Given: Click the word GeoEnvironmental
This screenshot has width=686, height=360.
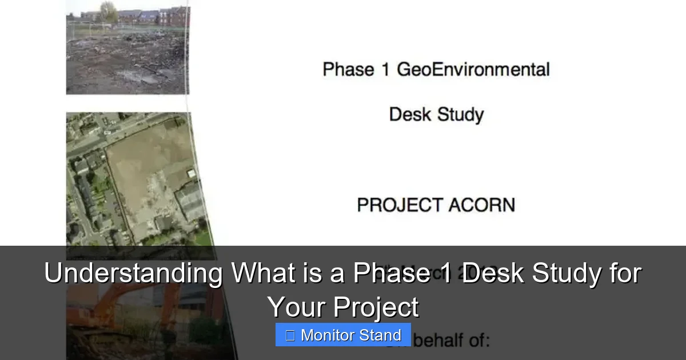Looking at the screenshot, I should [x=473, y=70].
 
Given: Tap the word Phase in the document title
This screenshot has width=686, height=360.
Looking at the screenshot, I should [x=341, y=70].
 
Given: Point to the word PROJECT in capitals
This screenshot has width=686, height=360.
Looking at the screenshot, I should [x=399, y=205].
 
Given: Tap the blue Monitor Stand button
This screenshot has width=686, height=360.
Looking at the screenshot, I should [x=343, y=335].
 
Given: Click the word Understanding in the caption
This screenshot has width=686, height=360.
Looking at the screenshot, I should [x=133, y=274].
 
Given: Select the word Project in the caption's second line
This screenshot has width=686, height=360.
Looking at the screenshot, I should [x=376, y=307].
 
